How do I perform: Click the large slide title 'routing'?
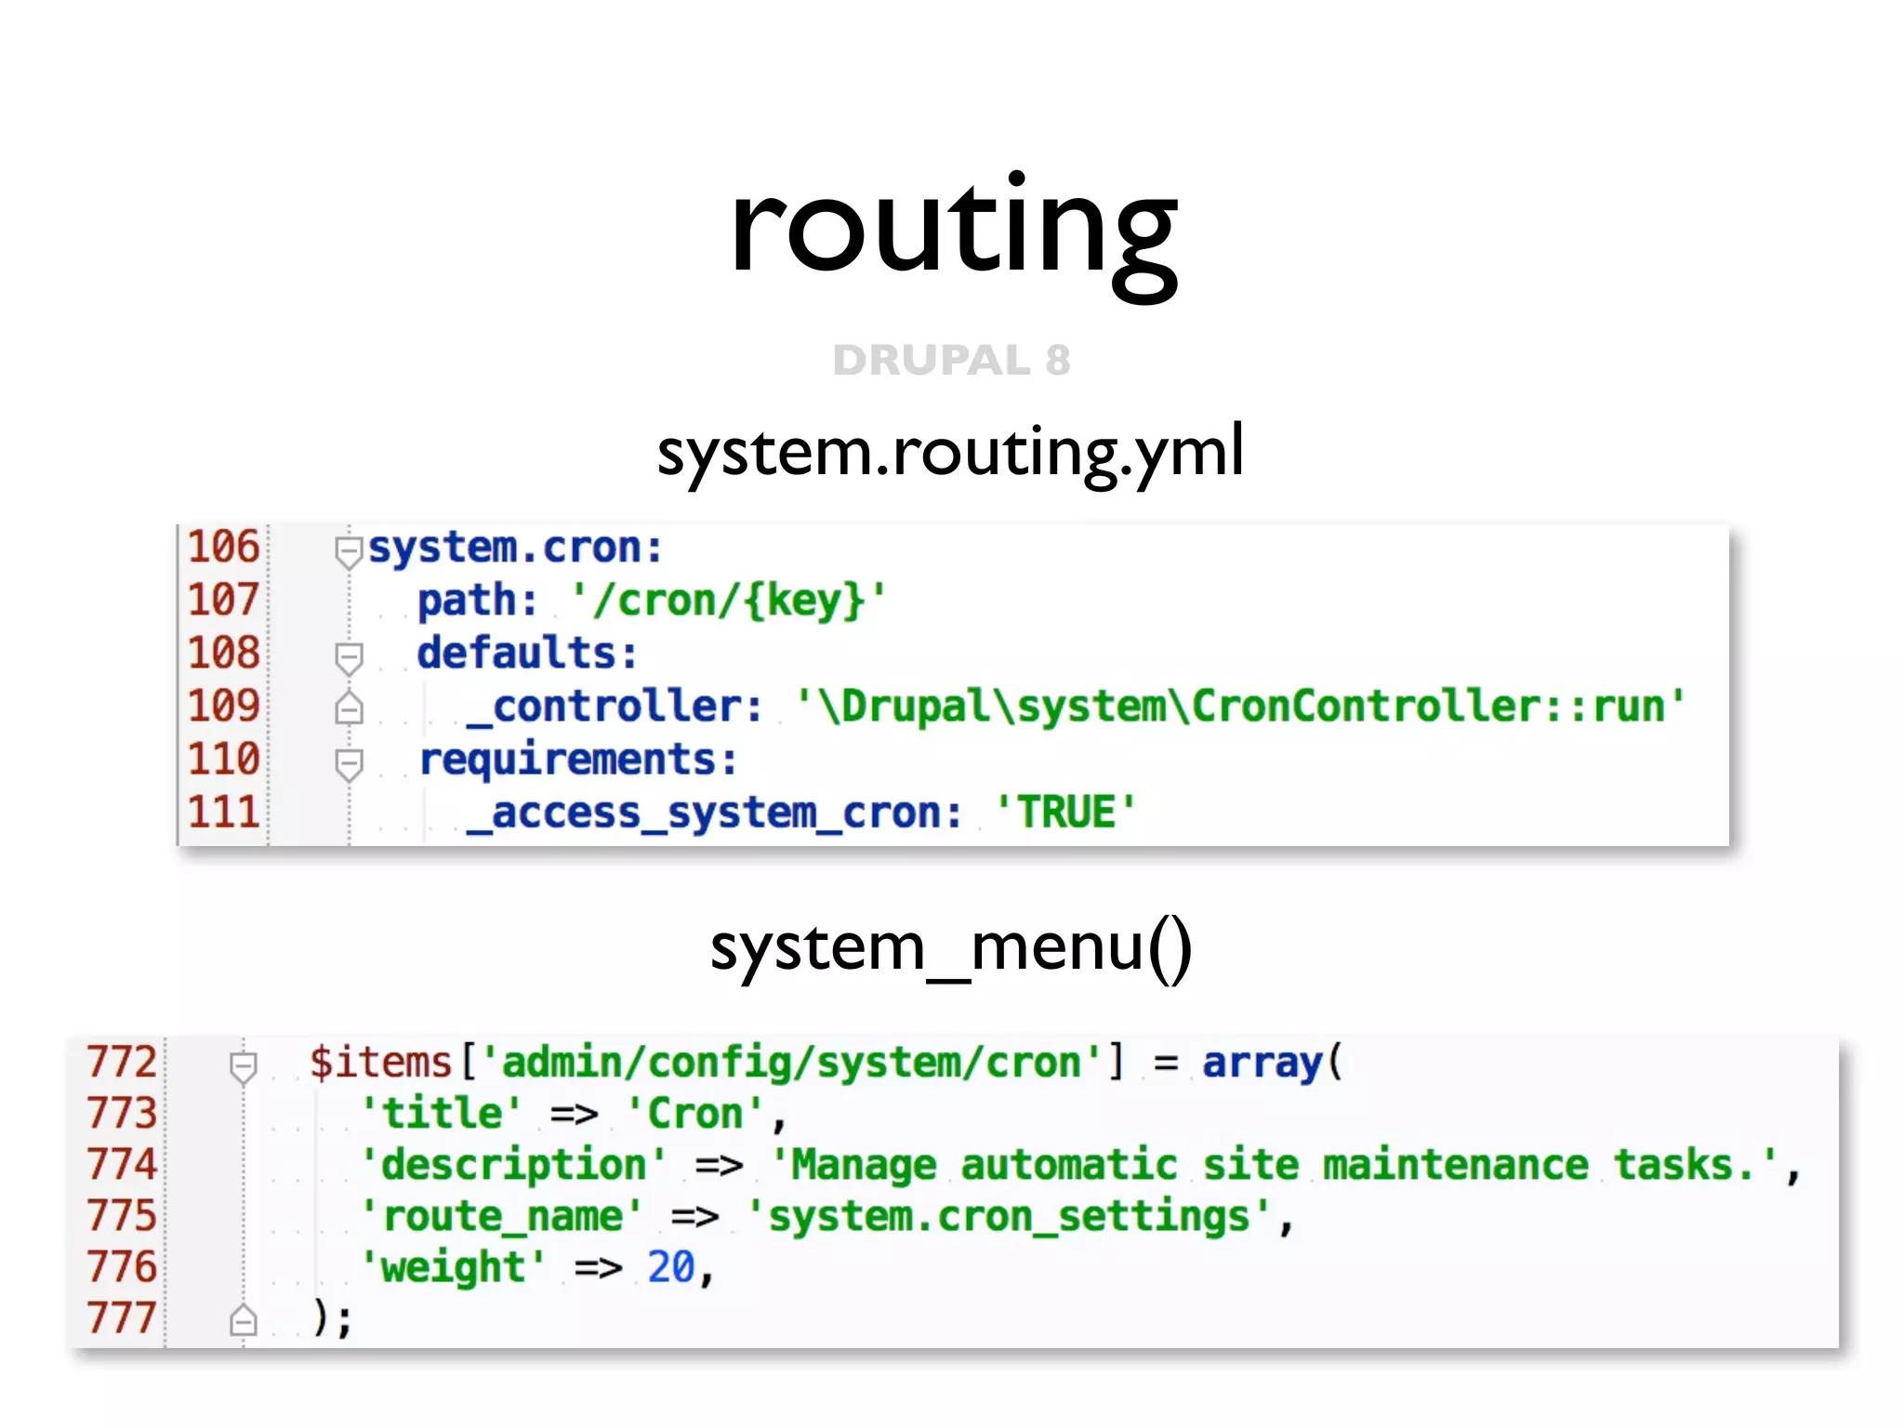coord(953,228)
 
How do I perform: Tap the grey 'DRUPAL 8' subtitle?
coord(951,360)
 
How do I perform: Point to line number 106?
coord(223,547)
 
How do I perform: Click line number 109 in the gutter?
coord(223,706)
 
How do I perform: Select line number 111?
coord(223,813)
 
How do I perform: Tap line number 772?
coord(122,1062)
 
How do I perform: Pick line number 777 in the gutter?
coord(122,1317)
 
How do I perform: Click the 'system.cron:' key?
coord(516,548)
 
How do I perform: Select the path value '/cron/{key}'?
coord(729,601)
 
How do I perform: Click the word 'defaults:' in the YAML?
coord(527,653)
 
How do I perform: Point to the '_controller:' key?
coord(614,707)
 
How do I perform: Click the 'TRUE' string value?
coord(1065,813)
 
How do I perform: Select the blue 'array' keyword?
coord(1262,1062)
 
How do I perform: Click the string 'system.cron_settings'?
coord(1009,1216)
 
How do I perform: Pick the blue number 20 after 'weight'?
coord(670,1267)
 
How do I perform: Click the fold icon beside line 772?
coord(244,1066)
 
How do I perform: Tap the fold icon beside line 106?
coord(349,551)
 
